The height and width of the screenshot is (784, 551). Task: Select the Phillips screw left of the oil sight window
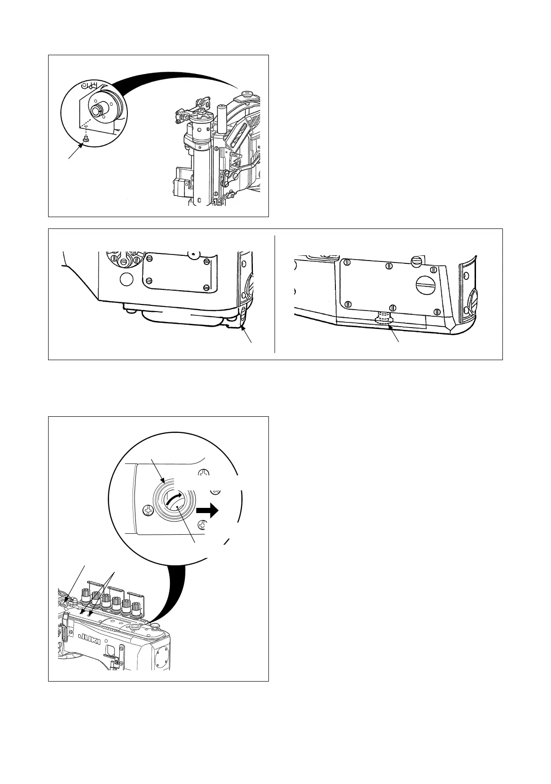(148, 510)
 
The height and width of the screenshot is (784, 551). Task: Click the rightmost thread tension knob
(137, 608)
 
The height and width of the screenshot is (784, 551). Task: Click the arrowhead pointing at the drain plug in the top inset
(83, 146)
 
